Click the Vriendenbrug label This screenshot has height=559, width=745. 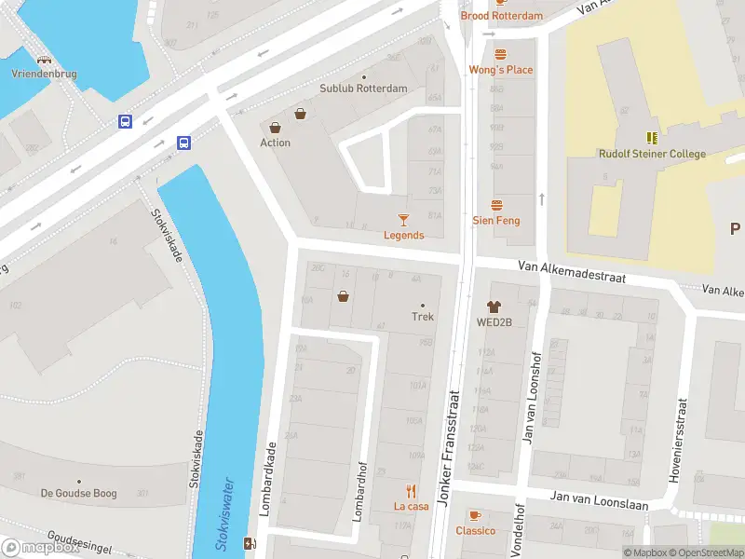44,74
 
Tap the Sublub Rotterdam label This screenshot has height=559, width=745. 363,89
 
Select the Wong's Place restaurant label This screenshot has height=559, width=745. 500,70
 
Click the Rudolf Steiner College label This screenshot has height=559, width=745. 652,154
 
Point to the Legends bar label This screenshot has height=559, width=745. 403,235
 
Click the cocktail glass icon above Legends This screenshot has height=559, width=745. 403,219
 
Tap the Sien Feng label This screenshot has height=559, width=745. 496,221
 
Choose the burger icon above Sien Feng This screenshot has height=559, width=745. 496,205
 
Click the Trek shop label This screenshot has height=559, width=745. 423,317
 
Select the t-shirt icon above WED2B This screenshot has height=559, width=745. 494,306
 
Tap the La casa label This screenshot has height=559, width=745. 411,506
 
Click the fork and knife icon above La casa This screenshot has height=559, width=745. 411,490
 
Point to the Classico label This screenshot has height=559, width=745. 475,531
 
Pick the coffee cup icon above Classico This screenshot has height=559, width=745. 475,515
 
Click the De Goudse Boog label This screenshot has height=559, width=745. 78,493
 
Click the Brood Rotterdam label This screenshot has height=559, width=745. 501,16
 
